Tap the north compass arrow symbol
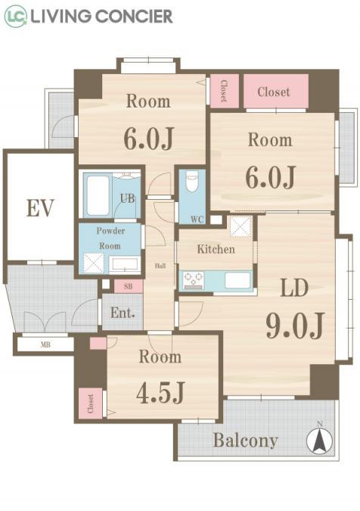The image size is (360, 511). click(x=320, y=440)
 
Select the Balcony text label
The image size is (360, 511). click(x=246, y=441)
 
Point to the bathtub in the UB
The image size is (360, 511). click(x=98, y=195)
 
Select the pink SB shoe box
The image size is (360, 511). click(x=129, y=286)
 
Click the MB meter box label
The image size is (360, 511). click(x=45, y=344)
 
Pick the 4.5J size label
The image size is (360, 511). click(x=160, y=392)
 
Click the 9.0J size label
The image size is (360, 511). click(x=295, y=326)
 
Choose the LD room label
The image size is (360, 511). click(x=294, y=288)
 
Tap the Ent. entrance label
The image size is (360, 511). click(x=123, y=313)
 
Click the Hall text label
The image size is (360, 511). click(x=160, y=266)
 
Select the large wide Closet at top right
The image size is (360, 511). click(x=276, y=92)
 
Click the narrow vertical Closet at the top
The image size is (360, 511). click(x=225, y=91)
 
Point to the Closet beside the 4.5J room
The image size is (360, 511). click(x=91, y=404)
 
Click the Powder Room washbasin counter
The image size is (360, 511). click(x=125, y=265)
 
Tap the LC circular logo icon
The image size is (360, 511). click(x=16, y=17)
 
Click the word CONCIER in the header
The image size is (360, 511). click(x=135, y=17)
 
